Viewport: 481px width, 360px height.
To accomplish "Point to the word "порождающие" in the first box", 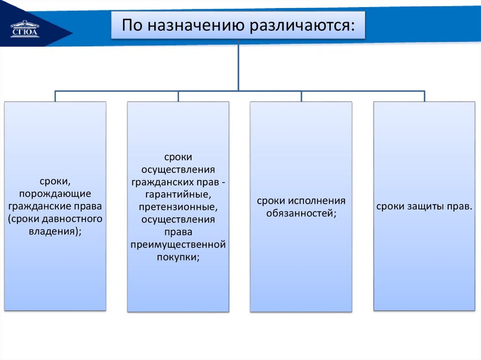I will (55, 194).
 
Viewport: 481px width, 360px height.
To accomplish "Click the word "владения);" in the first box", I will (55, 230).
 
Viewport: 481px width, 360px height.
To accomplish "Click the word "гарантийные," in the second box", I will (178, 194).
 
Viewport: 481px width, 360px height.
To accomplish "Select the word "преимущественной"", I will (178, 245).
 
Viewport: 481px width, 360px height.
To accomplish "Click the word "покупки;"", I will (178, 257).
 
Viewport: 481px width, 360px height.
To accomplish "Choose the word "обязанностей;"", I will (301, 213).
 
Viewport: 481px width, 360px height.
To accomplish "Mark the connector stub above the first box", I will (55, 96).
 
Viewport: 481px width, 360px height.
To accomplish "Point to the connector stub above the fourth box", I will (424, 96).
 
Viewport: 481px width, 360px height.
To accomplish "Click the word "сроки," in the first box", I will (55, 182).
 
